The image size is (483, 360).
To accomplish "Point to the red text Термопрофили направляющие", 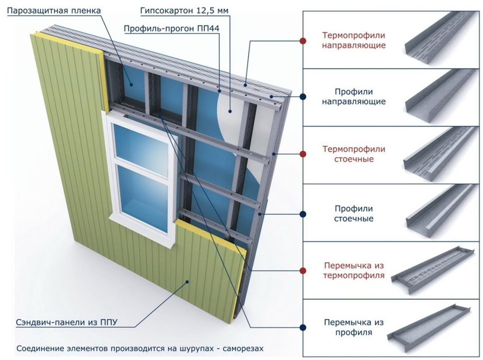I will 354,40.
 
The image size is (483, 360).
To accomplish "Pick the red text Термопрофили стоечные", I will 354,154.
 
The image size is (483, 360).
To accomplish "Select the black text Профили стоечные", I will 354,214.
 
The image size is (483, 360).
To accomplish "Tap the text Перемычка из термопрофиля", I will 354,271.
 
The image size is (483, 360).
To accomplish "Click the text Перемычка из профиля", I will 354,327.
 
